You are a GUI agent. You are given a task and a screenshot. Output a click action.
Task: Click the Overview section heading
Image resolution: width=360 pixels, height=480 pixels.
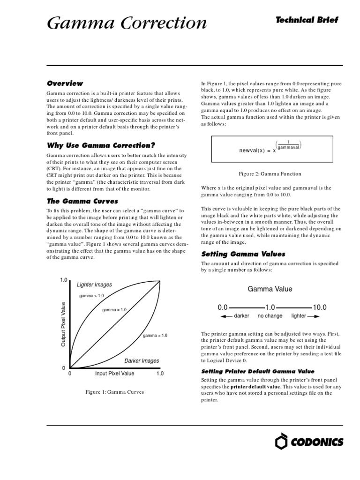pyautogui.click(x=65, y=83)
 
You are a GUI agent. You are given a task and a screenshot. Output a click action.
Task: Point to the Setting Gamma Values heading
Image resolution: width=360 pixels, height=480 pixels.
pyautogui.click(x=243, y=254)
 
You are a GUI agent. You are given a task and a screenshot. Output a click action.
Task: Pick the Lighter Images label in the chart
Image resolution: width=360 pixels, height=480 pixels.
pyautogui.click(x=94, y=285)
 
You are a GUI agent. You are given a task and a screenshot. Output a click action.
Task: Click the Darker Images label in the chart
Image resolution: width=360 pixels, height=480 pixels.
pyautogui.click(x=142, y=361)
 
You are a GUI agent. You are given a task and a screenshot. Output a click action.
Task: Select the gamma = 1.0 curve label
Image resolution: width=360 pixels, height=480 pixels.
pyautogui.click(x=114, y=310)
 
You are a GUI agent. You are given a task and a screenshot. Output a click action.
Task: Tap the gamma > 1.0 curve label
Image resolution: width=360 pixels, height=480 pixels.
pyautogui.click(x=92, y=296)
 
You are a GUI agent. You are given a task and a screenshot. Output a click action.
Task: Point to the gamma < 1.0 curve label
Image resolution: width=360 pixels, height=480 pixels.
pyautogui.click(x=155, y=336)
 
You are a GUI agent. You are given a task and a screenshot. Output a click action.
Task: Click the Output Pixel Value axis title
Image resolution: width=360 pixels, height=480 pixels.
pyautogui.click(x=63, y=324)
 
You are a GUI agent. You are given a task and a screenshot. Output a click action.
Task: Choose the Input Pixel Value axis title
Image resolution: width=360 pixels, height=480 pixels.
pyautogui.click(x=114, y=374)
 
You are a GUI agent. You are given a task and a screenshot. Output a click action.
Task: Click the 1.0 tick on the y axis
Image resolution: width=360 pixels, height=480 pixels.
pyautogui.click(x=64, y=280)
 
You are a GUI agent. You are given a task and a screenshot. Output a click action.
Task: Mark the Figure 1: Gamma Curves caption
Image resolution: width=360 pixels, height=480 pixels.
pyautogui.click(x=114, y=391)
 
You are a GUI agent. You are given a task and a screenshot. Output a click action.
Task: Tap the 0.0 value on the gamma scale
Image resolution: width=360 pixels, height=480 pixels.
pyautogui.click(x=222, y=307)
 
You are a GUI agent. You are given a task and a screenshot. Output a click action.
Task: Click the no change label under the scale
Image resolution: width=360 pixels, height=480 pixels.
pyautogui.click(x=270, y=316)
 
